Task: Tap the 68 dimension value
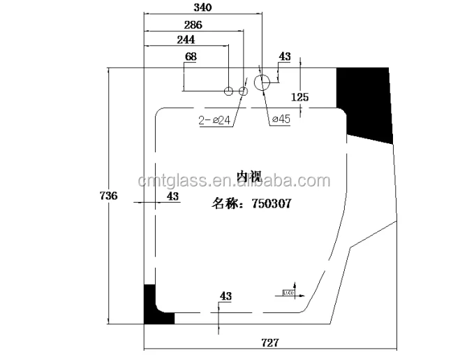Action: (x=191, y=56)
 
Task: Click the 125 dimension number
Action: (x=299, y=97)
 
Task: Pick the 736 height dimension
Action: (x=109, y=196)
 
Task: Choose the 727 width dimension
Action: (x=269, y=342)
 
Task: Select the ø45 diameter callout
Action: (x=280, y=120)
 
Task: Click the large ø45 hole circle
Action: (x=262, y=83)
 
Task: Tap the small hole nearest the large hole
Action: (x=244, y=92)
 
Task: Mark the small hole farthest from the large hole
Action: (x=229, y=92)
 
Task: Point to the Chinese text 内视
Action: (x=249, y=178)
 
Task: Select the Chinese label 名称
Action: (x=225, y=205)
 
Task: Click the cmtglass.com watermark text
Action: (x=235, y=182)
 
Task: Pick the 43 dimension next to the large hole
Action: (x=285, y=57)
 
